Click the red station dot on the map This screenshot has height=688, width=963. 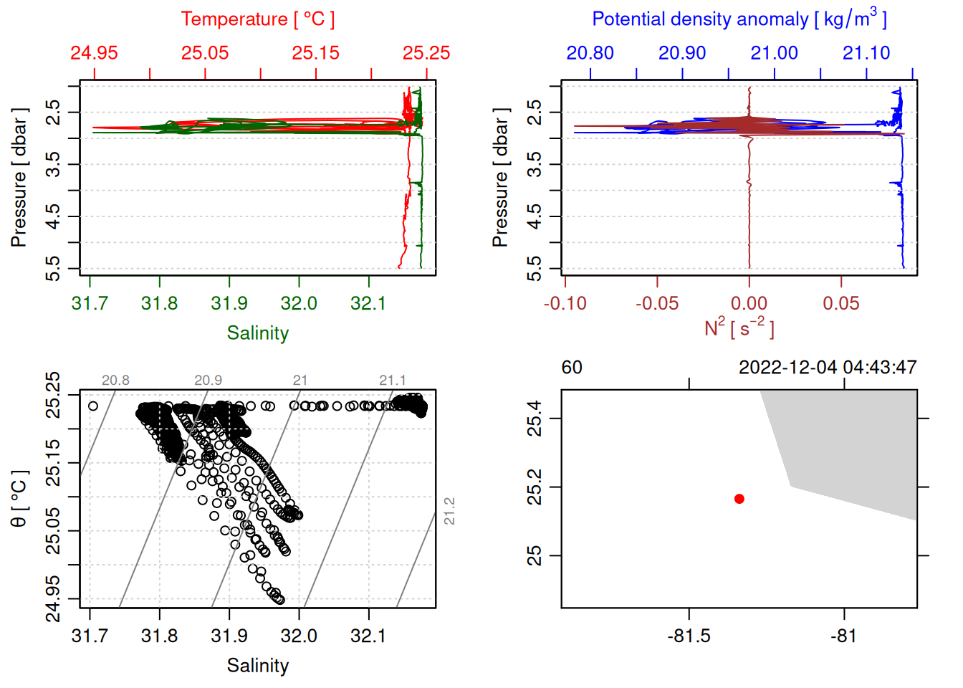(x=739, y=499)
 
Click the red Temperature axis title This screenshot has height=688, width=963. (x=257, y=19)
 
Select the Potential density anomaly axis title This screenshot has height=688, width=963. (x=739, y=19)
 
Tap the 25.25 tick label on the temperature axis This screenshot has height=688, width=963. (x=426, y=53)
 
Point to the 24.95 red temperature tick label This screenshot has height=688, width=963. (x=94, y=53)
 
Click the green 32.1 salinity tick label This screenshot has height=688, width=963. (x=368, y=303)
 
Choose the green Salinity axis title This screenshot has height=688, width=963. (x=257, y=333)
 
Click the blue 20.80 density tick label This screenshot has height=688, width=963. (x=590, y=53)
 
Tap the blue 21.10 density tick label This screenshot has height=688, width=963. (x=866, y=53)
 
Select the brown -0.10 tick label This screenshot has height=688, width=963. (x=565, y=303)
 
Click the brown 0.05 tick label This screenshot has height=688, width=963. (x=840, y=303)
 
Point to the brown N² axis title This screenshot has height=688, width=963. (x=739, y=328)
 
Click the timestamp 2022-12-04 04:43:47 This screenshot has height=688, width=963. (x=828, y=368)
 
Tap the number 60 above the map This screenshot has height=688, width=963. (x=572, y=368)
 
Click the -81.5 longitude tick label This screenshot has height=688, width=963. (x=689, y=636)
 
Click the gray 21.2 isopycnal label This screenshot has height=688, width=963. (x=449, y=511)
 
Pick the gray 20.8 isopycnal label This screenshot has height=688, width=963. (x=115, y=381)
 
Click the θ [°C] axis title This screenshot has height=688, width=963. (x=19, y=499)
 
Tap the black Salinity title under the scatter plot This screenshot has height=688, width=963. (x=257, y=666)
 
